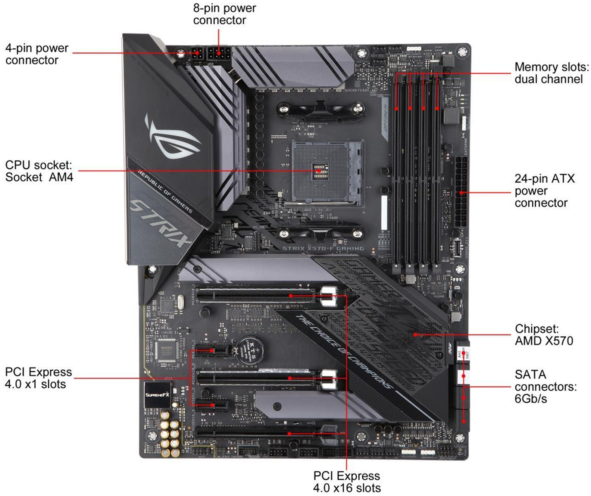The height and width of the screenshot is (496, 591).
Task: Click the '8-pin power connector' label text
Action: [x=224, y=14]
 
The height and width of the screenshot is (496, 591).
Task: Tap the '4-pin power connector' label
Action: [x=37, y=54]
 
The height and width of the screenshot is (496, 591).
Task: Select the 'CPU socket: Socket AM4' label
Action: [x=39, y=171]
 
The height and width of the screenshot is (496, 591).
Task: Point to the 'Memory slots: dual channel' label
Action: [x=551, y=73]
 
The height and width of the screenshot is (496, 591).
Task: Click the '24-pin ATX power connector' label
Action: [x=544, y=190]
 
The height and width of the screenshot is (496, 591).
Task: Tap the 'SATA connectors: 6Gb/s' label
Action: [x=545, y=386]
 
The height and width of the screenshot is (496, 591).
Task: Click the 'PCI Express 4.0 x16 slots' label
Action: [x=347, y=481]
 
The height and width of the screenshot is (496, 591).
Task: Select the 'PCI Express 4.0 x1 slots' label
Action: [x=38, y=378]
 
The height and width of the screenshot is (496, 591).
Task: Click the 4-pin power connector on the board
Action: [x=197, y=55]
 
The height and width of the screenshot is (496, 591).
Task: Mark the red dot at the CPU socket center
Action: [x=319, y=171]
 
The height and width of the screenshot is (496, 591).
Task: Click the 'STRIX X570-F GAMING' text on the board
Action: [x=323, y=248]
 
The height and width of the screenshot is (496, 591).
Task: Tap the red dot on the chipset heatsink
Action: [x=415, y=335]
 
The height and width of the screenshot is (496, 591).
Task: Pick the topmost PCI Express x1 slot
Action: [x=211, y=351]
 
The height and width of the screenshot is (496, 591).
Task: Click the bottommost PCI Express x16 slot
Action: [x=257, y=434]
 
